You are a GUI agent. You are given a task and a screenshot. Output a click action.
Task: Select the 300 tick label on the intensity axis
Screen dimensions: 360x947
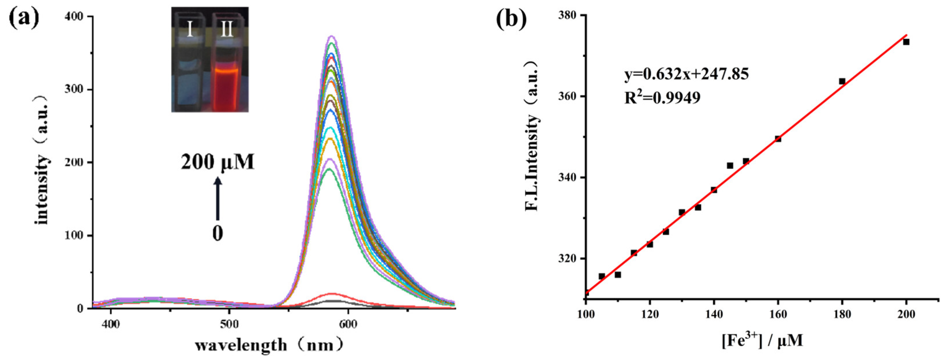point(74,89)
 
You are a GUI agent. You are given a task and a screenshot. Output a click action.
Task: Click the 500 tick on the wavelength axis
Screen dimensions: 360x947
point(229,324)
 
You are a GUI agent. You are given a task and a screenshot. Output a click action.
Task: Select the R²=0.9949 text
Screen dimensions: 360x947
point(663,97)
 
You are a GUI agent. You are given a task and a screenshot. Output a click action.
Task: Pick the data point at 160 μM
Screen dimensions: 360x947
point(778,139)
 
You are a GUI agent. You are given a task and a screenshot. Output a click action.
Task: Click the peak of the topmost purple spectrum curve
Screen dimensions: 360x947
point(332,36)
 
